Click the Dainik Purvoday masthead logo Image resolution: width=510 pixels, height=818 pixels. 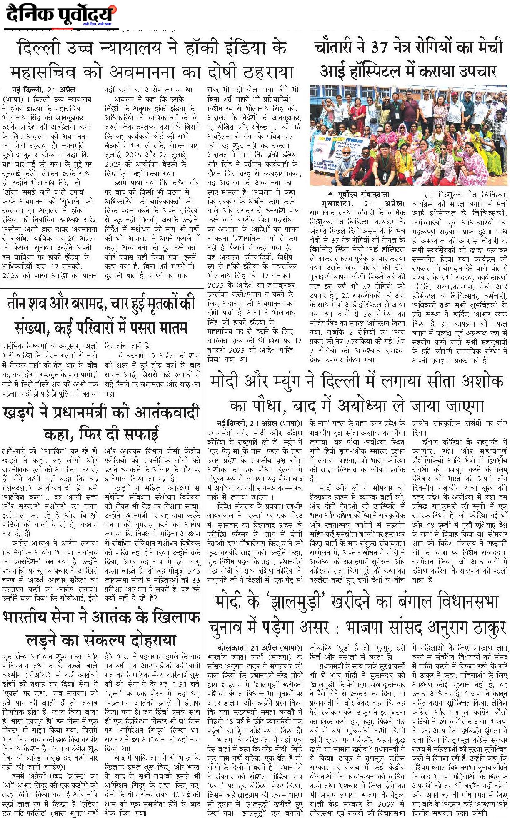point(61,15)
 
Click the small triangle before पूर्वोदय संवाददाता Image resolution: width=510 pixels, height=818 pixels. point(330,194)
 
